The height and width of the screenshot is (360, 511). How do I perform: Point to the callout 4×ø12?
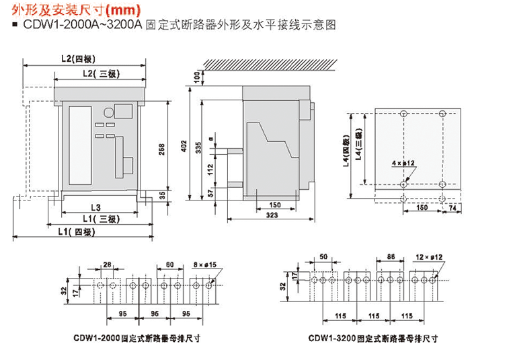coord(402,163)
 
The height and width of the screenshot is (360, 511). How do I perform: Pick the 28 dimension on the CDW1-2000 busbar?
coord(107,264)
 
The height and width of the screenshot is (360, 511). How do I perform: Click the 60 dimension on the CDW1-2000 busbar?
coord(169,264)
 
